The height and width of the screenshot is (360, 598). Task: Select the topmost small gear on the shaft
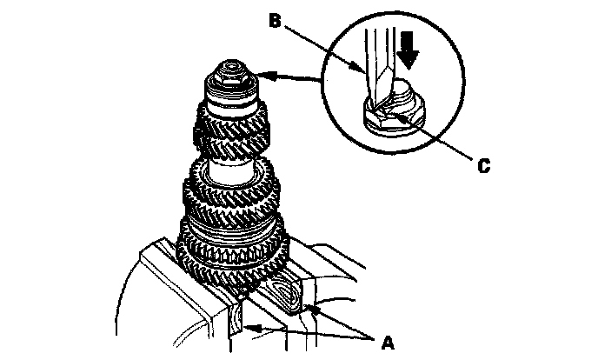tap(230, 126)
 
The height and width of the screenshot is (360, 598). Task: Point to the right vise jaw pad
tap(291, 291)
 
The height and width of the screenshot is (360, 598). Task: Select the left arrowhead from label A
tap(249, 328)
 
